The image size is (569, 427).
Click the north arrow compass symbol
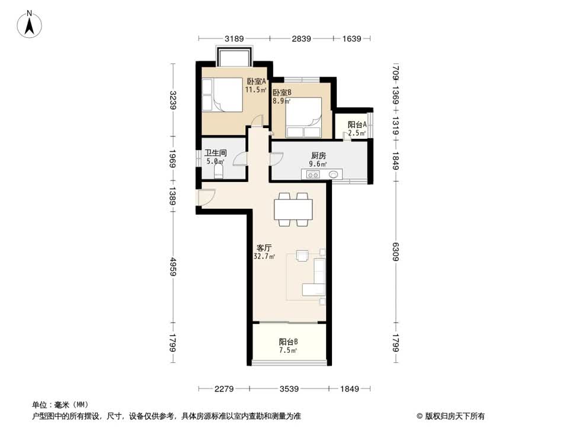[30, 24]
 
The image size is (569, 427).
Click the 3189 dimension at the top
[234, 39]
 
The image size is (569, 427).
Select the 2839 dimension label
[301, 39]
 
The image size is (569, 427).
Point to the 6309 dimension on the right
[395, 251]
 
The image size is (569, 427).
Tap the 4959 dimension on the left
[173, 266]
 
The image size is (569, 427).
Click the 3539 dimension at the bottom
[289, 389]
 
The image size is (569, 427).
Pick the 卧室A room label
[256, 81]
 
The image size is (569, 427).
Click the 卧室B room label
[282, 93]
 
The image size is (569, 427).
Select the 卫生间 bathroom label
[215, 153]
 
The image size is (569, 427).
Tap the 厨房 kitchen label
[318, 155]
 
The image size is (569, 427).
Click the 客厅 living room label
[264, 248]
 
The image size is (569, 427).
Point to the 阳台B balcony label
[289, 342]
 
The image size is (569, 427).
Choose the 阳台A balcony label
[357, 125]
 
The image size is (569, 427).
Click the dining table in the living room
[293, 209]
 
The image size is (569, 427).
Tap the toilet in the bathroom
[219, 171]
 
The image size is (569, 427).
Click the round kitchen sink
[334, 175]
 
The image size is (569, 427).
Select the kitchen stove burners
[313, 175]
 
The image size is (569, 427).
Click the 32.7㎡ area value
[264, 256]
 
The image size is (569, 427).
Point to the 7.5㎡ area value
[288, 350]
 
